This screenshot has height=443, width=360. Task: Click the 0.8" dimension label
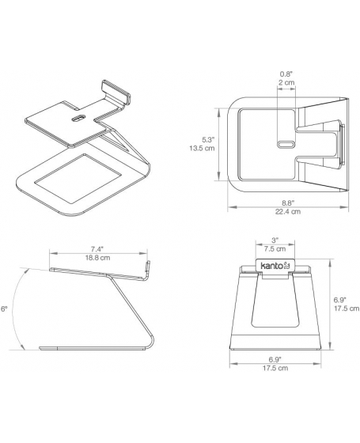[x=286, y=74]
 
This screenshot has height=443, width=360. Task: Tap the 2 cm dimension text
[x=286, y=82]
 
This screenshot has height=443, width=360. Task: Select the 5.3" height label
[x=209, y=139]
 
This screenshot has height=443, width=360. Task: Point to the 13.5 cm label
[x=202, y=148]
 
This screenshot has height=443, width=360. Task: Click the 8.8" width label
[x=288, y=203]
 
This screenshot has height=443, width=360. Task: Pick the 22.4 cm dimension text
[x=288, y=212]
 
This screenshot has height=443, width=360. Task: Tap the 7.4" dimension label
[x=97, y=249]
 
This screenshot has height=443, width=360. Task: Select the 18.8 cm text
[x=97, y=258]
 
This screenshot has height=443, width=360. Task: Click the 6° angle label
[x=4, y=309]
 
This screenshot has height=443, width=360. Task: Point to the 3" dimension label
[x=275, y=240]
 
